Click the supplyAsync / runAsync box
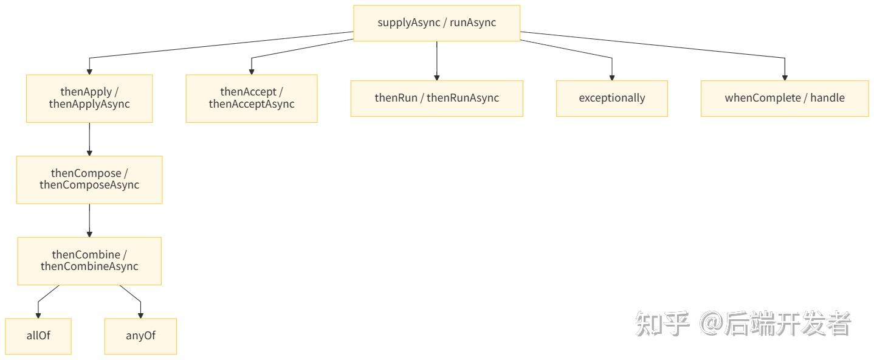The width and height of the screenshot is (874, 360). coord(436,23)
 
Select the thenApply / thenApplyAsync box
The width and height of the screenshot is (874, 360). coord(89,99)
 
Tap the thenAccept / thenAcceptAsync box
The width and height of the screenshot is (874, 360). coord(252,99)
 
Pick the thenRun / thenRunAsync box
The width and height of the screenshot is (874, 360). coord(436,99)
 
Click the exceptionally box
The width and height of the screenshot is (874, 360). coord(612,99)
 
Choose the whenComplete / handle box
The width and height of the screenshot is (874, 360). coord(785,99)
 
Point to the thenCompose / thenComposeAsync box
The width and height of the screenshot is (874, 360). coord(89,179)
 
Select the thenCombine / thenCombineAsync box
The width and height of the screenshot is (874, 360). coord(89,261)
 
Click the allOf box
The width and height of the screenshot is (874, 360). coord(38,336)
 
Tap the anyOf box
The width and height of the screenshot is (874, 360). coord(140,336)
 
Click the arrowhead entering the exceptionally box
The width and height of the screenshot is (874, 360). coord(612,78)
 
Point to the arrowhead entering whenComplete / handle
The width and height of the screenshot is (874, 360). coord(785,78)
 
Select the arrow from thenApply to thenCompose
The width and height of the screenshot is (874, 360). coord(89,139)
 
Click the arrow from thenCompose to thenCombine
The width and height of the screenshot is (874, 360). coord(89,221)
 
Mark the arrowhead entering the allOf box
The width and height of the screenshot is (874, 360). coord(38,316)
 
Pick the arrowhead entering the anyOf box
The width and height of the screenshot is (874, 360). coord(140,316)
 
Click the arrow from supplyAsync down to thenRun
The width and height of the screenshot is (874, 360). coord(436,61)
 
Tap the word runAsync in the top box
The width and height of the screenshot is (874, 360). coord(473,22)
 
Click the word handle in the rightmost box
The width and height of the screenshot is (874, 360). coord(828,98)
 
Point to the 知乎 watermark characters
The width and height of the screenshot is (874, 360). coord(662,324)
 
